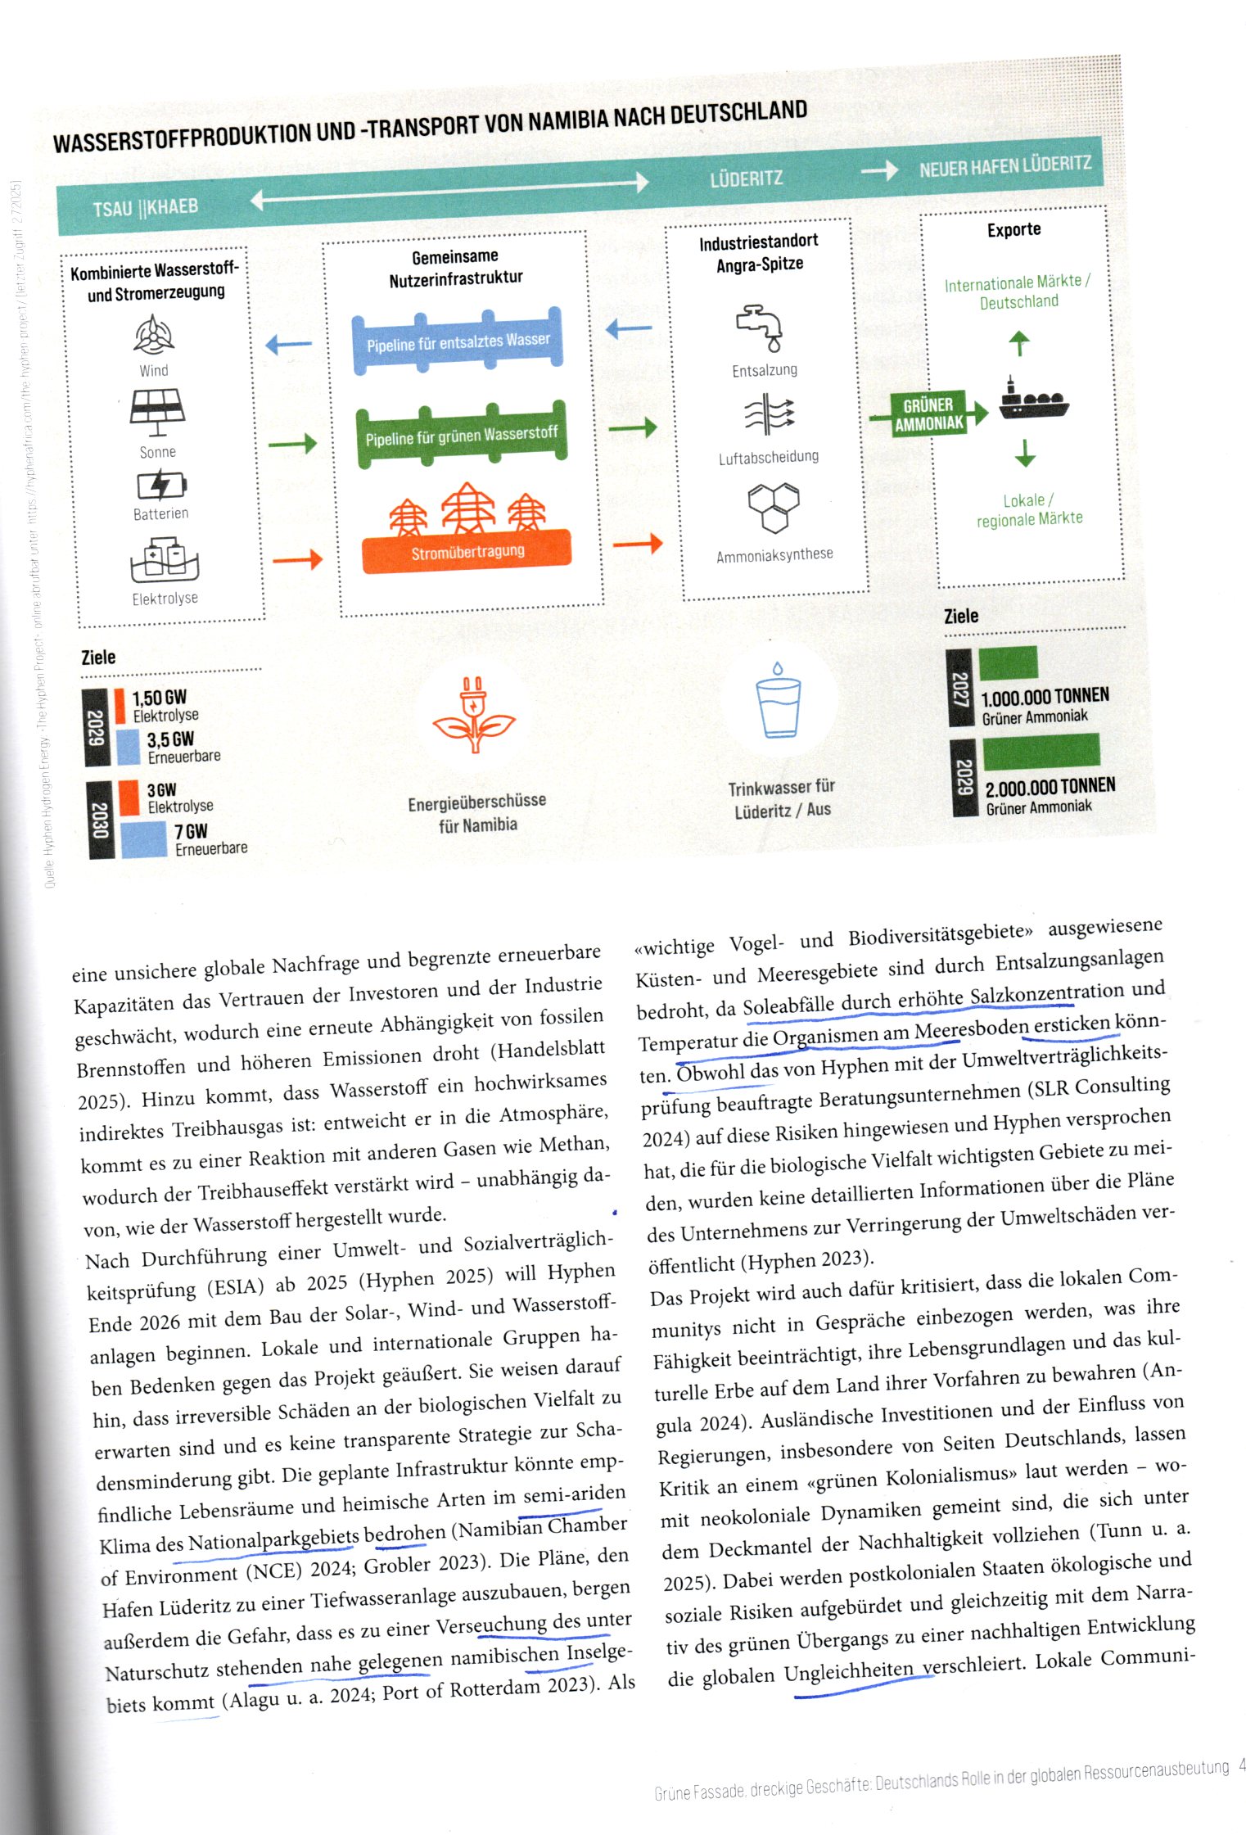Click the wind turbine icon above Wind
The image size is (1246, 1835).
point(153,335)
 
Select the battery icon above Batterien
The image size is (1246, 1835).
point(161,485)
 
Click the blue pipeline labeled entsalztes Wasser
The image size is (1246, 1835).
point(458,341)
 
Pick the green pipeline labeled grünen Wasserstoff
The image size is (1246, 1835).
point(461,435)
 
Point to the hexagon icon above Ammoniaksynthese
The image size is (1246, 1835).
point(773,507)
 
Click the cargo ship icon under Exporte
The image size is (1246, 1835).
point(1033,400)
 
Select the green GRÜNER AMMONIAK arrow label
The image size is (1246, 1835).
point(929,414)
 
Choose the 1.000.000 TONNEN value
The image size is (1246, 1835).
point(1045,697)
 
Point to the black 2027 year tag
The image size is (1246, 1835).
point(959,688)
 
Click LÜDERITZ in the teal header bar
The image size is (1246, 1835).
point(746,178)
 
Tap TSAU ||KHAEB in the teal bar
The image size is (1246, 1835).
point(146,207)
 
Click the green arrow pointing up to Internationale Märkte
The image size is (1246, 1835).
point(1018,342)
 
